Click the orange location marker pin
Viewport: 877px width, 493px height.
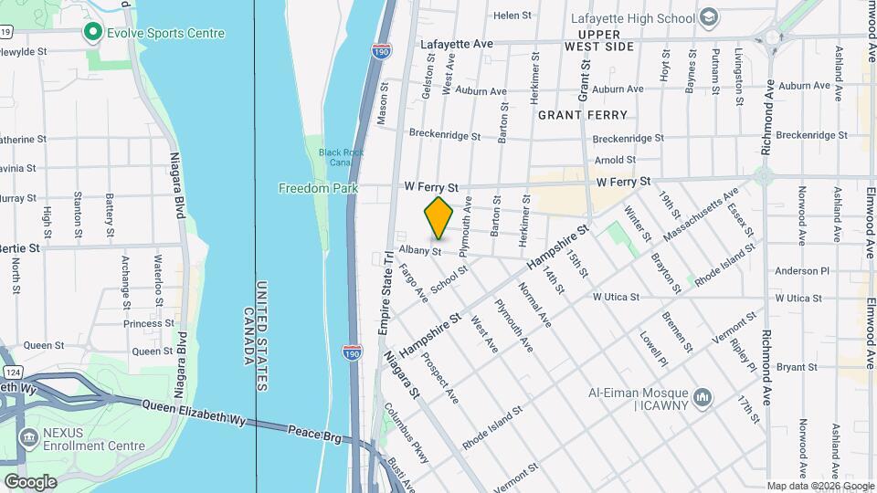(438, 216)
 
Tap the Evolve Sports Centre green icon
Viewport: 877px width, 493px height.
(92, 34)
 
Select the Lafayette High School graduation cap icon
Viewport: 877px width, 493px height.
(708, 18)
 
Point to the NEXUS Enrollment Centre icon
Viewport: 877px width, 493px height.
(27, 438)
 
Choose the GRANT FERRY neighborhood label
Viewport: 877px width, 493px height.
(582, 115)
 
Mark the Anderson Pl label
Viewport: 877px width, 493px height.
(801, 271)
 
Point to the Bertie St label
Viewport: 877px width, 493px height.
(19, 247)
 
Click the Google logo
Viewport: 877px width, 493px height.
(30, 481)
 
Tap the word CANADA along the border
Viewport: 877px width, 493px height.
(248, 336)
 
